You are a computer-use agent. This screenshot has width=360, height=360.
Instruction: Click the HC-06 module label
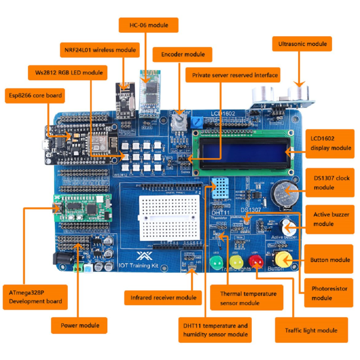[x=149, y=25]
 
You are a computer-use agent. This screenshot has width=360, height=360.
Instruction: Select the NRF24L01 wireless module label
[x=99, y=49]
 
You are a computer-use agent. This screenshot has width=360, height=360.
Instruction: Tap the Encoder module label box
[x=183, y=55]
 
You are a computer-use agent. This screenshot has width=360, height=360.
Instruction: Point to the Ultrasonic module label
[x=302, y=44]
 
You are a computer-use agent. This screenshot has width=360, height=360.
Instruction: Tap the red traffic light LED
[x=256, y=261]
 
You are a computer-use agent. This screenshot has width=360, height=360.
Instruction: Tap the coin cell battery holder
[x=286, y=193]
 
